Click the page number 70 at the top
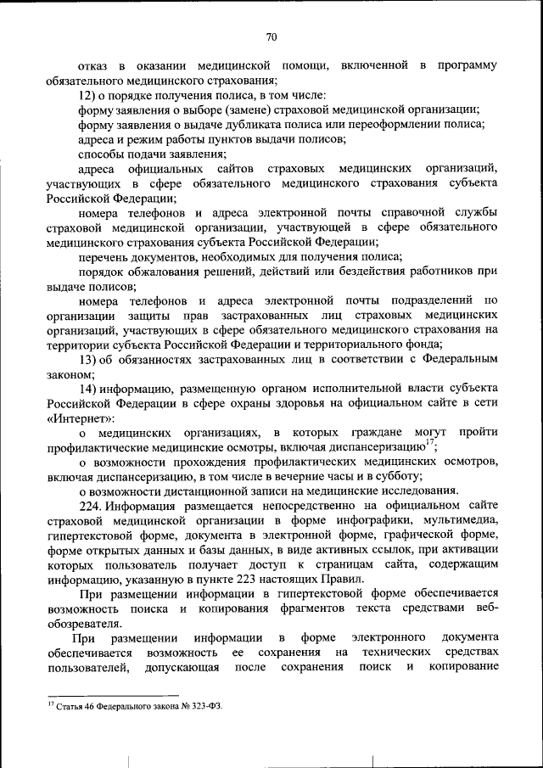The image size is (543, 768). click(x=271, y=36)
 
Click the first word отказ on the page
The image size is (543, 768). click(x=92, y=65)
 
